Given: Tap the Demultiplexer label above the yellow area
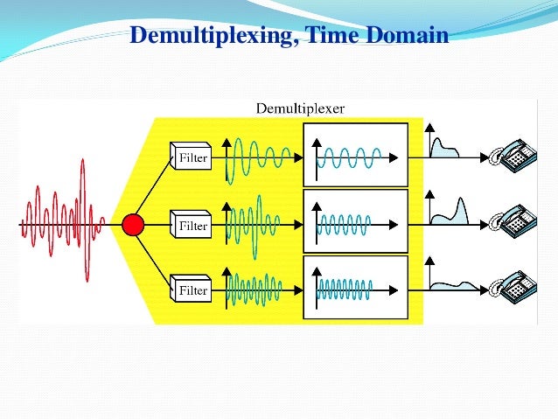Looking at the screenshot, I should [300, 108].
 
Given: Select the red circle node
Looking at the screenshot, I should [133, 225].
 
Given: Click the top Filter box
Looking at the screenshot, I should [191, 158].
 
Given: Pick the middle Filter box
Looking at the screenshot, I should [191, 226].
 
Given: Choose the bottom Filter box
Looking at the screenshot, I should [191, 289].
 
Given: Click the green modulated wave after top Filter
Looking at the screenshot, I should [258, 158].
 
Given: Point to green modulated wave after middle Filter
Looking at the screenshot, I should [254, 223].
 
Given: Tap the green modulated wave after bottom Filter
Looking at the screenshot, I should [254, 287].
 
